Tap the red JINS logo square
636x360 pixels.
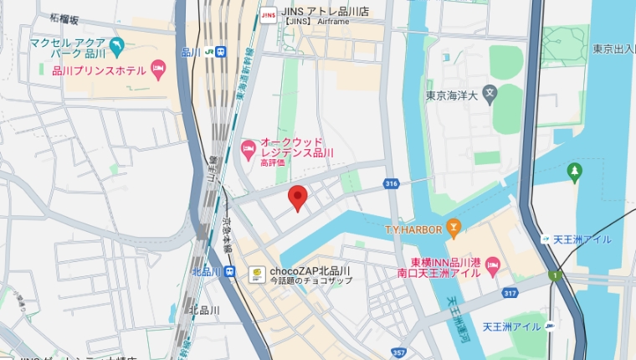[269, 13]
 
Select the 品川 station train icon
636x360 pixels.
[220, 52]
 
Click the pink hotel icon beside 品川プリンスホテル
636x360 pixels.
[159, 69]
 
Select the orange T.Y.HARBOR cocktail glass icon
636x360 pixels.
[453, 227]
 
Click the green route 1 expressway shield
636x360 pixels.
[553, 275]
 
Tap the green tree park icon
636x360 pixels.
[574, 172]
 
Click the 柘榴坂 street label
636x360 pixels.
[65, 18]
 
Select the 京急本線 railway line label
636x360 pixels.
[227, 234]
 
